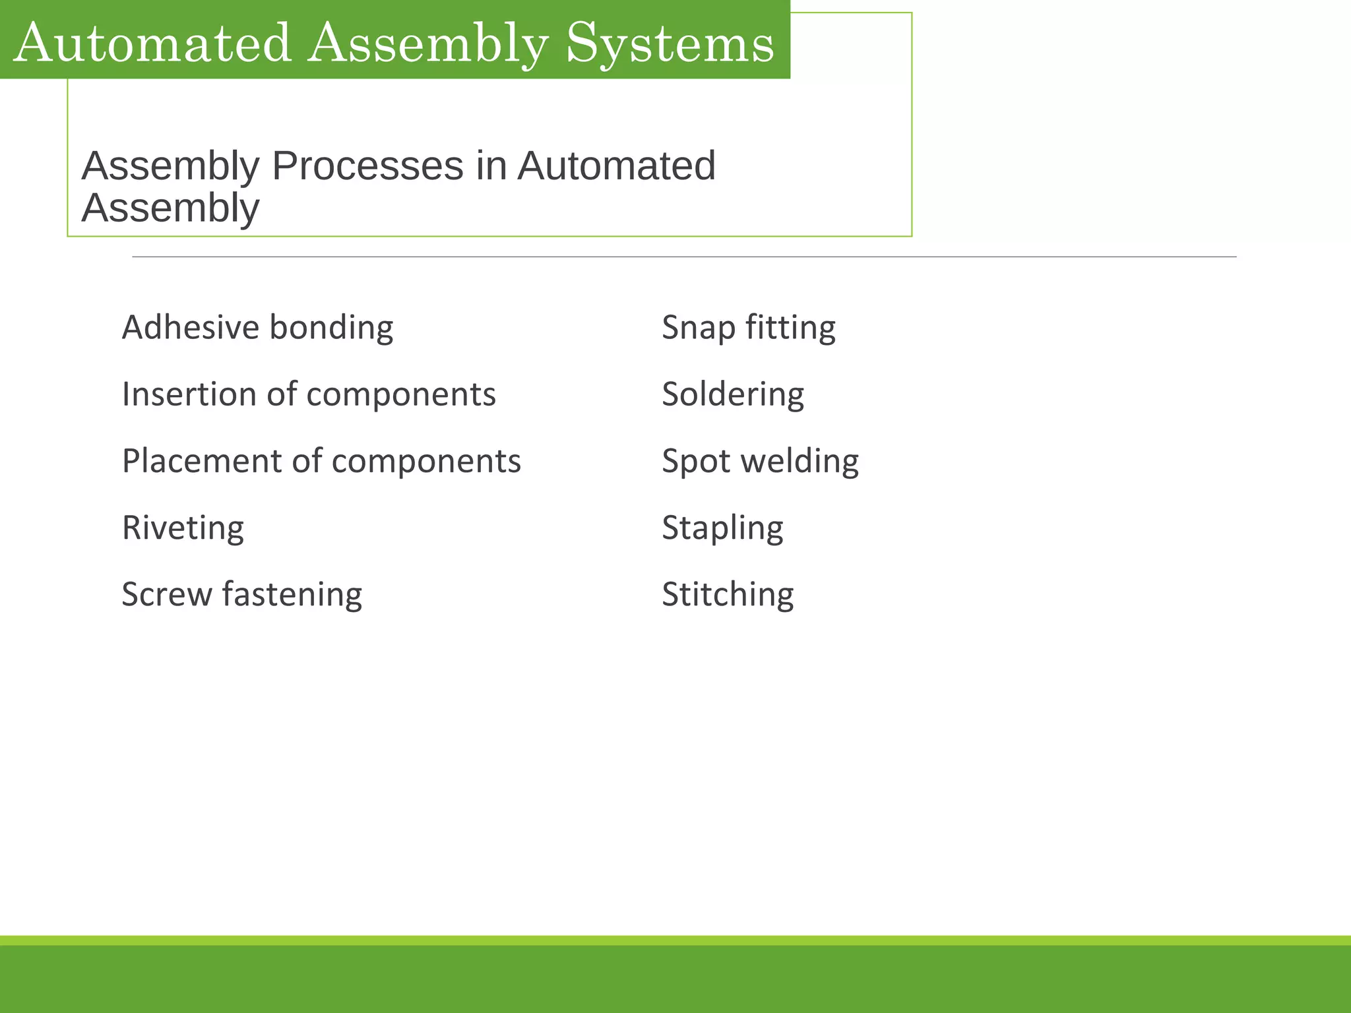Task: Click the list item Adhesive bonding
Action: click(257, 328)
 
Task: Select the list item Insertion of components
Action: click(309, 394)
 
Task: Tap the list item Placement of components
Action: click(321, 461)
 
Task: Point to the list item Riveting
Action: click(183, 528)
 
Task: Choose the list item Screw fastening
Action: click(241, 595)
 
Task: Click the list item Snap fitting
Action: click(748, 328)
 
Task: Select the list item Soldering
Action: click(732, 394)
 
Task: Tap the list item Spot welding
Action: click(760, 461)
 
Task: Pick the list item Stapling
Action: click(722, 528)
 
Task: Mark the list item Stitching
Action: click(728, 595)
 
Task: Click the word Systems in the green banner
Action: click(670, 44)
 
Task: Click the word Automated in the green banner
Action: click(152, 44)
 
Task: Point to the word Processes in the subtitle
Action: click(367, 166)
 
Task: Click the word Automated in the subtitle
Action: click(616, 166)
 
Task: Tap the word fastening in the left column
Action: click(292, 595)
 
